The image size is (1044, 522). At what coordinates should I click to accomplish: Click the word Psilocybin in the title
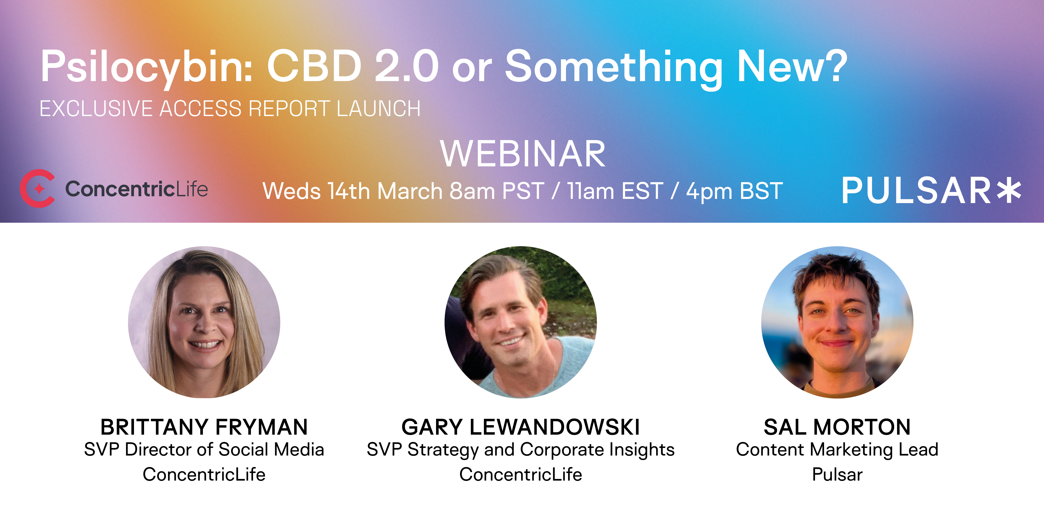(x=147, y=67)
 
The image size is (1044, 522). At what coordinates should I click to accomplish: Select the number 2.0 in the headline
(x=406, y=66)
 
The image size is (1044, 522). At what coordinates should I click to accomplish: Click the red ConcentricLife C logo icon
(x=37, y=188)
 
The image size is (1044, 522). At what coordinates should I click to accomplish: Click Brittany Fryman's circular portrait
(x=204, y=322)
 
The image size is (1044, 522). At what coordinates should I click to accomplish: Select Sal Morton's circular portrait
(x=837, y=322)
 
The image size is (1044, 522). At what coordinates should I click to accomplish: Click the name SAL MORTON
(x=837, y=427)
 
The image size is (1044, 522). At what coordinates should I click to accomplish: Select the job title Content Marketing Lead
(x=837, y=449)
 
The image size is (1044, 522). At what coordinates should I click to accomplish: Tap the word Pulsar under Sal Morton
(x=837, y=474)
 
